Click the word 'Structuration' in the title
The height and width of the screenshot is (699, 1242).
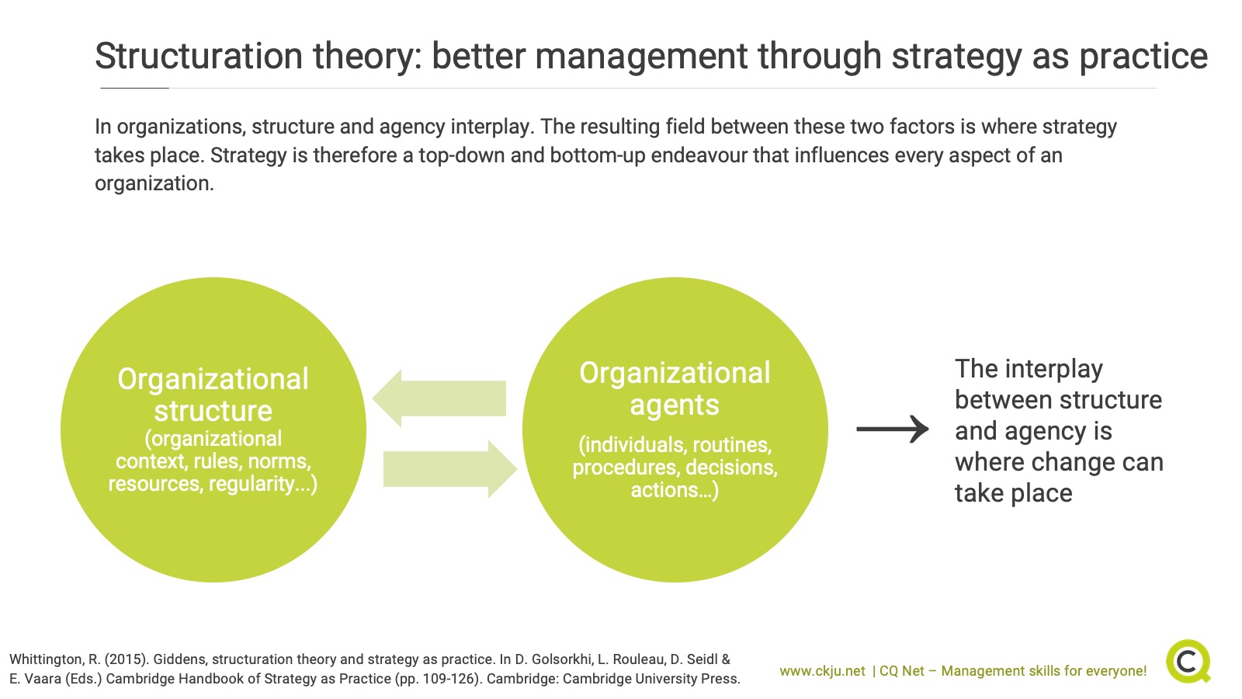pos(199,56)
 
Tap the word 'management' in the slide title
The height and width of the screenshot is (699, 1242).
pos(641,56)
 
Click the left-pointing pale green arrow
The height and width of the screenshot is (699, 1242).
pos(439,398)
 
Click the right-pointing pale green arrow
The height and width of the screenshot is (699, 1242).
pos(450,469)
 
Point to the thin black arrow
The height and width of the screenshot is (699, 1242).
pos(893,429)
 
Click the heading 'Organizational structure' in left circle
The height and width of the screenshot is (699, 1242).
pos(213,395)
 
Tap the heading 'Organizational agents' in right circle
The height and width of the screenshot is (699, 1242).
pos(675,388)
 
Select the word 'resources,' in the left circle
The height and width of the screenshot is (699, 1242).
pos(155,484)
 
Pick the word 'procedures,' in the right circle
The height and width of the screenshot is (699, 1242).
pos(626,468)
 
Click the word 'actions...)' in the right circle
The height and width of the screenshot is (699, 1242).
pos(675,490)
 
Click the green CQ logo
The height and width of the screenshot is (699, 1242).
pos(1188,661)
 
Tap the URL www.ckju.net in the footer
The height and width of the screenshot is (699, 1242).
pos(822,671)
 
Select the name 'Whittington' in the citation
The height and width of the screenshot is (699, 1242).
pos(47,659)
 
